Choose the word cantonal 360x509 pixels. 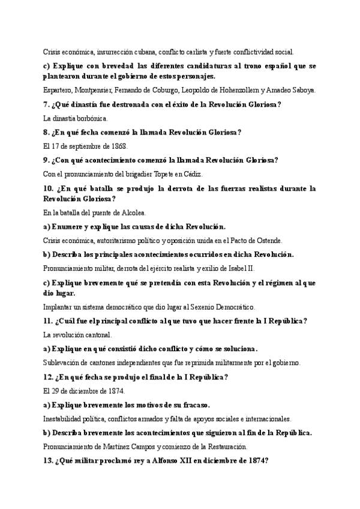(x=98, y=334)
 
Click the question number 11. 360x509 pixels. (x=49, y=321)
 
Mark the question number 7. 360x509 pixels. (x=46, y=104)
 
